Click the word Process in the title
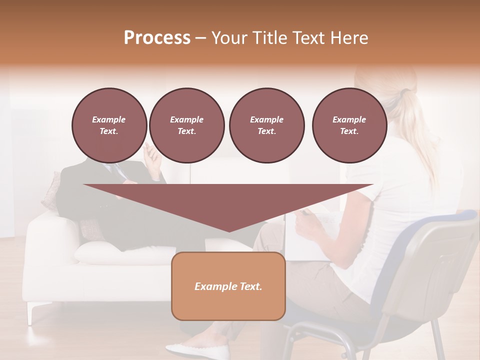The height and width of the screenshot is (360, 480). pos(157,38)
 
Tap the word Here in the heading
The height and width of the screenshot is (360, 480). pos(350,38)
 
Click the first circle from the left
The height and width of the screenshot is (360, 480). pos(109,125)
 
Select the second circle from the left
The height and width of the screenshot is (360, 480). pos(186,125)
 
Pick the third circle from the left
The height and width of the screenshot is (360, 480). pos(266,125)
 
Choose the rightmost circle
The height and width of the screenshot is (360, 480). pos(349,125)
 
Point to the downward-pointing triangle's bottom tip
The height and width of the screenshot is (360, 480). pos(228,230)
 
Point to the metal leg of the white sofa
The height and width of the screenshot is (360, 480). pos(32,312)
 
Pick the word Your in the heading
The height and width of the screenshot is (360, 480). pos(228,38)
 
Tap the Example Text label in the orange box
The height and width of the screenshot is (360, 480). pos(228,286)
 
